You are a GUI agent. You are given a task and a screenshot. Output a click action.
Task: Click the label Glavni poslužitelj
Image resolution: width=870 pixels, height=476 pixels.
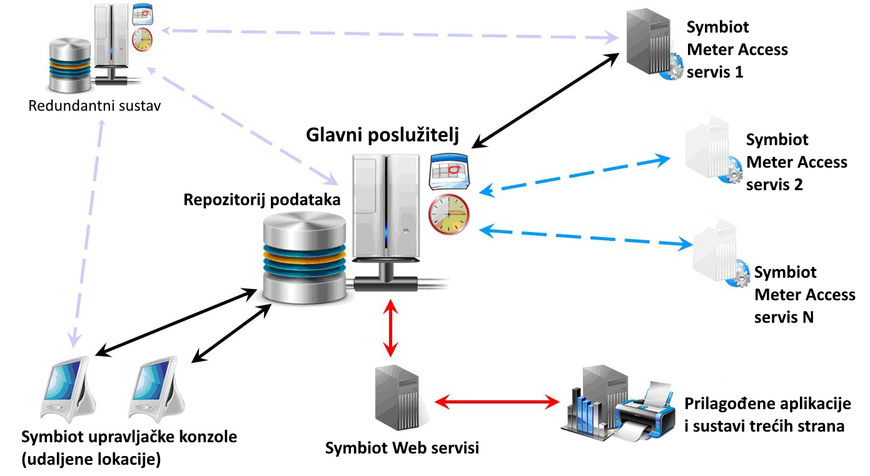[383, 135]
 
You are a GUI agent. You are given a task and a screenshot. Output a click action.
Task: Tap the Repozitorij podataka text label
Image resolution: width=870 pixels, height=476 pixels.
[262, 200]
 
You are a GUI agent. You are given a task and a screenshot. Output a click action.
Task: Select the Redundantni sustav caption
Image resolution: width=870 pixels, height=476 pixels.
[95, 105]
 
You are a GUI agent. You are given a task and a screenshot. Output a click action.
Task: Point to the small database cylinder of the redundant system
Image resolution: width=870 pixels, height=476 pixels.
[70, 66]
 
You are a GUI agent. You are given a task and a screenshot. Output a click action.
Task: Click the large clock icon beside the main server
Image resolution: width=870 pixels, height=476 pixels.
[448, 215]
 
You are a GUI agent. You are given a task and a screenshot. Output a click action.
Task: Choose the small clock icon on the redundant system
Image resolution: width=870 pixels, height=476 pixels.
[142, 39]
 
